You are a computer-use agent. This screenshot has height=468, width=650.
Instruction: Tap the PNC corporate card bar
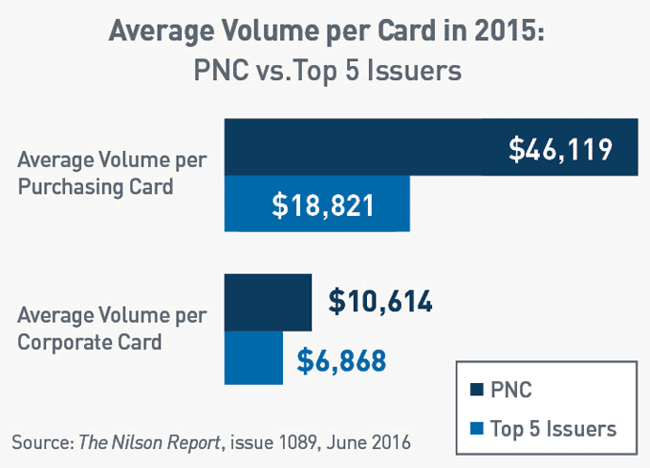click(x=268, y=302)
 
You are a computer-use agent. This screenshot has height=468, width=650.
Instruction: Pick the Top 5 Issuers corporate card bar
click(x=253, y=359)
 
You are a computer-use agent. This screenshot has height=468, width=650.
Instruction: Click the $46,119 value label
click(x=559, y=149)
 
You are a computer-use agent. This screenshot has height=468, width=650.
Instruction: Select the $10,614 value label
click(x=380, y=302)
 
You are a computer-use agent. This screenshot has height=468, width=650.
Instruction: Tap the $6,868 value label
click(x=341, y=360)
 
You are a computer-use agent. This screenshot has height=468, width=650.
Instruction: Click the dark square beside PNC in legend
click(x=477, y=391)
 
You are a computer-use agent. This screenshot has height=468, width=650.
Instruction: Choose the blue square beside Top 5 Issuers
click(x=477, y=429)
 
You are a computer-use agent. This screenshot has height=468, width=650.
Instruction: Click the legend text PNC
click(x=511, y=391)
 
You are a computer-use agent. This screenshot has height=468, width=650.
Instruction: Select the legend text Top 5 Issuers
click(x=553, y=429)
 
